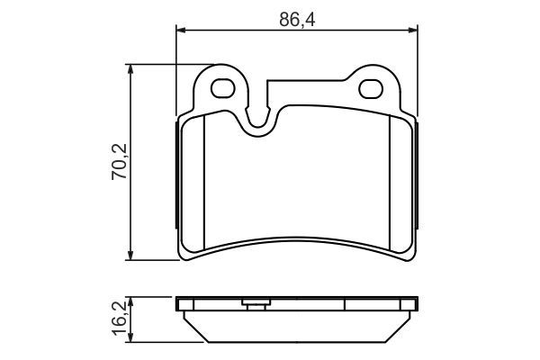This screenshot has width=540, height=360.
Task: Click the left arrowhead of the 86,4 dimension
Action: pos(180,31)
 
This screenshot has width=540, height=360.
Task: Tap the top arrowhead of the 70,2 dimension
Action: pos(132,69)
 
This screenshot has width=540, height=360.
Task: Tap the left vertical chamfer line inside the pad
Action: pos(205,184)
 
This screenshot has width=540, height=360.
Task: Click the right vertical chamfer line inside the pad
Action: pos(388,184)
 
